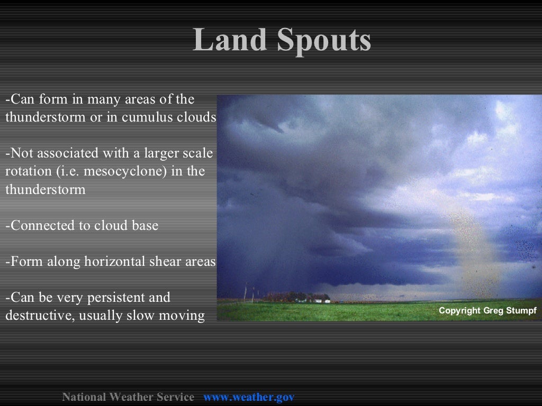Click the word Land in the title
pos(228,40)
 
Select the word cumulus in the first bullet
pos(144,117)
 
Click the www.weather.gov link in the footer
pos(249,397)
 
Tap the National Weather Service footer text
pos(128,397)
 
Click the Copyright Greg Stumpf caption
pos(487,311)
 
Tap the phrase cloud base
pos(126,225)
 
